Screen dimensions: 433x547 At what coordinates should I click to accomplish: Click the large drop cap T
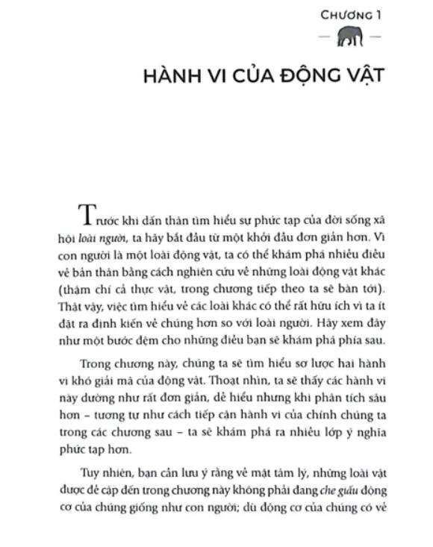point(87,215)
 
